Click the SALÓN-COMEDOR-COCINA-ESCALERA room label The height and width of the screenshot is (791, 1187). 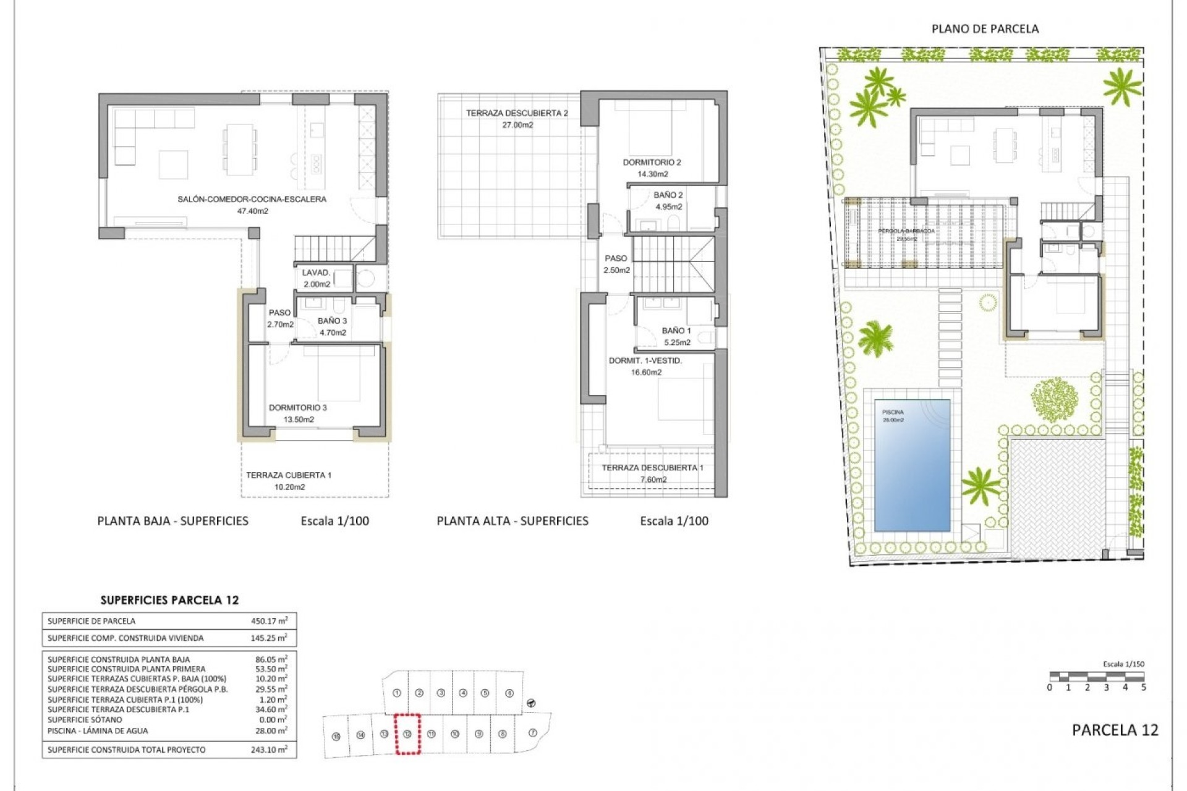[x=252, y=200]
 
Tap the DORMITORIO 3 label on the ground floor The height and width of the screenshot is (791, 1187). [x=298, y=408]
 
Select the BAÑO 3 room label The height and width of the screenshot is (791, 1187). [x=332, y=321]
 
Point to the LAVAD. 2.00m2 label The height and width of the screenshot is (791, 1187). [x=316, y=279]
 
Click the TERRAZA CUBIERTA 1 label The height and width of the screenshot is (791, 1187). [x=289, y=476]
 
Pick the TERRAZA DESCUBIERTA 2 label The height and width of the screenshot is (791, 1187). [x=517, y=114]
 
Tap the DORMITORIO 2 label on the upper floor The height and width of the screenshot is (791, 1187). [x=652, y=163]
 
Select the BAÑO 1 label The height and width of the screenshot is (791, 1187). [x=676, y=331]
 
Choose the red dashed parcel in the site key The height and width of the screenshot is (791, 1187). [x=407, y=734]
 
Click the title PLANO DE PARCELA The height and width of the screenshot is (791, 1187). [x=985, y=29]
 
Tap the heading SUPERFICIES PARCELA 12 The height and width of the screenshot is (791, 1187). [x=169, y=600]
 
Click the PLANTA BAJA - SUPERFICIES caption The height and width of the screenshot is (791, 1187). [x=173, y=521]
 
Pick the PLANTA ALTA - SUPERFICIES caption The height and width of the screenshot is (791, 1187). [x=513, y=521]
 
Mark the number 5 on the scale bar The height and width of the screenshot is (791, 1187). [x=1143, y=687]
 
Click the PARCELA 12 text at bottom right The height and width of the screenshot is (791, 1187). [x=1115, y=730]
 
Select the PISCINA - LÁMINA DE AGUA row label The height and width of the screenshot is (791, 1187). [x=98, y=730]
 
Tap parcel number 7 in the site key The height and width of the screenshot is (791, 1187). [x=533, y=733]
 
